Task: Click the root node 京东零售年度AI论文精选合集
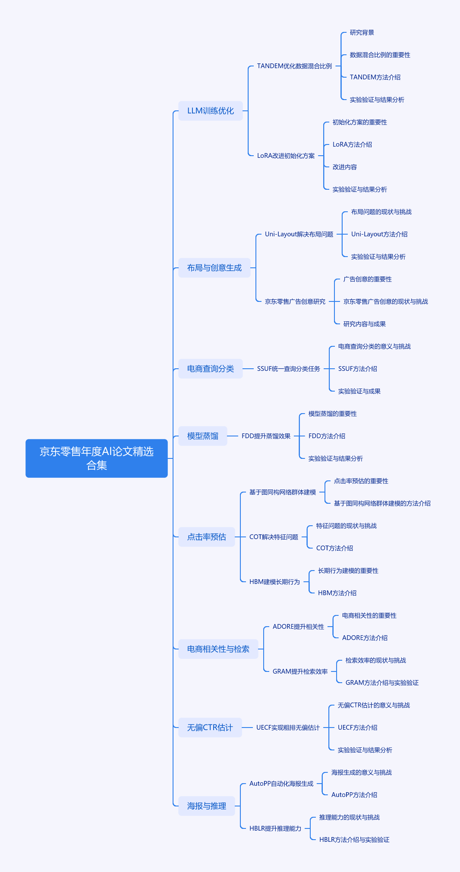pyautogui.click(x=97, y=458)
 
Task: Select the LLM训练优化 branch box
pyautogui.click(x=211, y=111)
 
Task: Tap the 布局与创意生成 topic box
pyautogui.click(x=214, y=268)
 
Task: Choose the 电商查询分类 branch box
pyautogui.click(x=211, y=369)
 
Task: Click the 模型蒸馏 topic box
pyautogui.click(x=203, y=436)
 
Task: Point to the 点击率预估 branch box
pyautogui.click(x=207, y=537)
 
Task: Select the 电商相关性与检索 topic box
pyautogui.click(x=218, y=649)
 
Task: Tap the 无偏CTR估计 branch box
pyautogui.click(x=210, y=728)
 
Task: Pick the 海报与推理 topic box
pyautogui.click(x=207, y=806)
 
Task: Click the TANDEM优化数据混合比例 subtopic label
pyautogui.click(x=294, y=66)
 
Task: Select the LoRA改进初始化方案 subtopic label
pyautogui.click(x=286, y=156)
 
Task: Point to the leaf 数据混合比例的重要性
pyautogui.click(x=380, y=55)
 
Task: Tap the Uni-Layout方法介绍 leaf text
pyautogui.click(x=379, y=234)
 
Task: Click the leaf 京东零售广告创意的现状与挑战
pyautogui.click(x=385, y=301)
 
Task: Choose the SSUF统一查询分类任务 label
pyautogui.click(x=289, y=369)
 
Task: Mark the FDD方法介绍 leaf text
pyautogui.click(x=327, y=436)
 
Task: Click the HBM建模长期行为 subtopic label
pyautogui.click(x=274, y=582)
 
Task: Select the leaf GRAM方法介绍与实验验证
pyautogui.click(x=382, y=683)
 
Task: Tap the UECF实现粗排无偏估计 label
pyautogui.click(x=288, y=728)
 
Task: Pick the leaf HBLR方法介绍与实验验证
pyautogui.click(x=354, y=840)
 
